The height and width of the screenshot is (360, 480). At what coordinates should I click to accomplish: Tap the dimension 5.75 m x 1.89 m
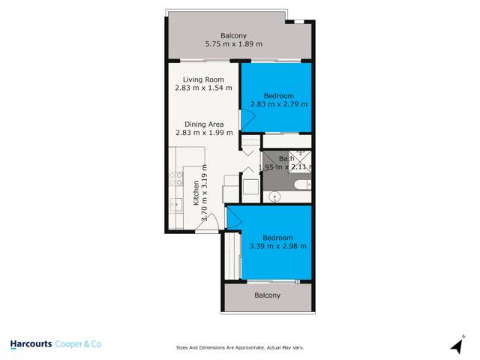(233, 44)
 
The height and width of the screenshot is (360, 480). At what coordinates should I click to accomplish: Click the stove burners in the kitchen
(178, 178)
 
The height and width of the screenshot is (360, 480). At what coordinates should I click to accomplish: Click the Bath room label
(286, 159)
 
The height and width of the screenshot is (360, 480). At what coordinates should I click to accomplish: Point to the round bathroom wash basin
(274, 197)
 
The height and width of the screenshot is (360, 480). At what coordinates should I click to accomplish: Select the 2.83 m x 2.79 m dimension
(279, 104)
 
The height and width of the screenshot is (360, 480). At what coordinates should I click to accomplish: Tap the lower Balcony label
(267, 295)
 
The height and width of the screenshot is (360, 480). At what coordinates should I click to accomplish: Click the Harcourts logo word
(31, 344)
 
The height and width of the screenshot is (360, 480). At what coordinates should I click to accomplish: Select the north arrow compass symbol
(454, 344)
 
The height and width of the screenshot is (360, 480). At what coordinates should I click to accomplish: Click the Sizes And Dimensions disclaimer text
(239, 348)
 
